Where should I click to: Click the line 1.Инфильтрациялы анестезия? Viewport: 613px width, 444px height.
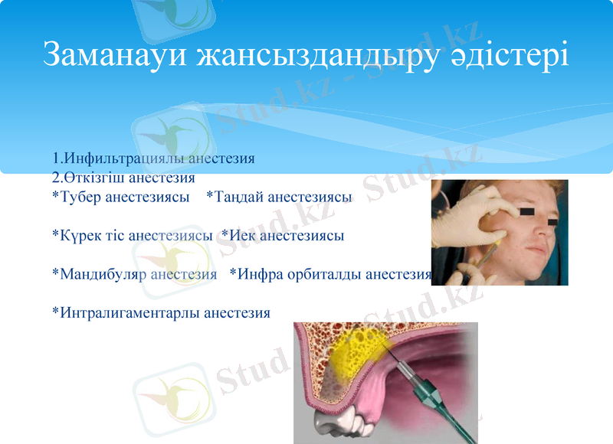tap(153, 159)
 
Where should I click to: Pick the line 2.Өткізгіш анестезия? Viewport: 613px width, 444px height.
tap(123, 178)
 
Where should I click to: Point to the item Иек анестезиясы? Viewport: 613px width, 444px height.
tap(283, 236)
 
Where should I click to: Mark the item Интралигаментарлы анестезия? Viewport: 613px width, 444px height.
tap(161, 312)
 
